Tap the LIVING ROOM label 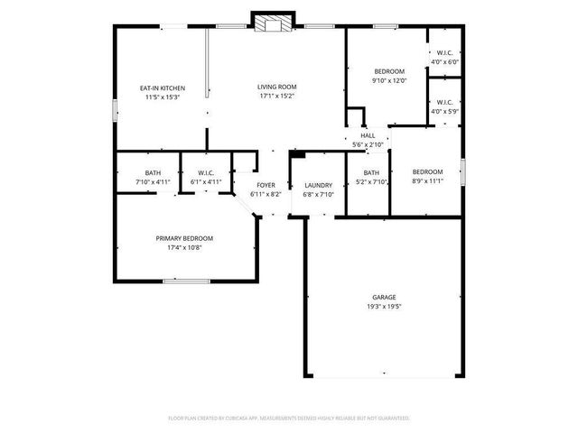point(277,88)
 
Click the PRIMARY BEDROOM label point(184,238)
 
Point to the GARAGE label point(384,297)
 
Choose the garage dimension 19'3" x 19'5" point(384,306)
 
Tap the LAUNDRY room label point(318,184)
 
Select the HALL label point(368,135)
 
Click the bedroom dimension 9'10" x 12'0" point(389,80)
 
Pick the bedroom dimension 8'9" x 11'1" point(427,180)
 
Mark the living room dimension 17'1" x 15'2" point(277,96)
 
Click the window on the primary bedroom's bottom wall point(187,281)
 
